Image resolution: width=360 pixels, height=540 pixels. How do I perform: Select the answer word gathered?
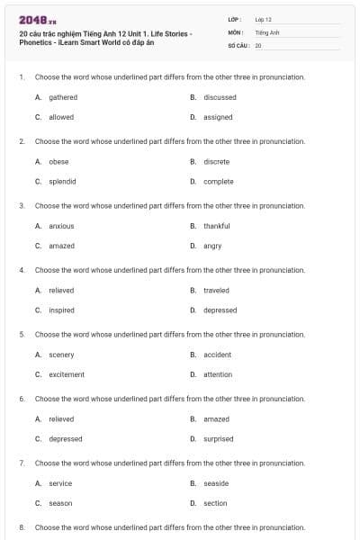tap(63, 97)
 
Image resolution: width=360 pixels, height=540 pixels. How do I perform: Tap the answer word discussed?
tap(220, 97)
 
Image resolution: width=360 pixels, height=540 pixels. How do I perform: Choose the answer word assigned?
tap(218, 117)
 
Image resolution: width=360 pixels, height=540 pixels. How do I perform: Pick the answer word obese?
tap(58, 162)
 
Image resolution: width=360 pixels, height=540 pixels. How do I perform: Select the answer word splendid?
tap(62, 182)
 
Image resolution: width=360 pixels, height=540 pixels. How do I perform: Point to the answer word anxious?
tap(61, 226)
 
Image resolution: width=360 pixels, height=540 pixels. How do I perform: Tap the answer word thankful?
tap(216, 226)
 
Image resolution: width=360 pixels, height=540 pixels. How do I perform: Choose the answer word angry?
tap(212, 246)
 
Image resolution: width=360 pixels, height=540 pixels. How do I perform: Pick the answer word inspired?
tap(61, 310)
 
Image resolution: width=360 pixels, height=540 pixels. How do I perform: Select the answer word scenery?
tap(61, 355)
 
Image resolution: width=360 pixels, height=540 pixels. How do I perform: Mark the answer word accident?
tap(217, 355)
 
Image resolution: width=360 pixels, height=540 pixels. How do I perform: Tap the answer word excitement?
tap(67, 374)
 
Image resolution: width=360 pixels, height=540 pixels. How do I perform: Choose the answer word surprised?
tap(218, 439)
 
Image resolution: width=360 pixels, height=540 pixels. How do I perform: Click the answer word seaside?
tap(216, 483)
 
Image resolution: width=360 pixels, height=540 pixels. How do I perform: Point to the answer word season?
tap(60, 503)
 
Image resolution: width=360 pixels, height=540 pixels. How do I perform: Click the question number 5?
tap(21, 334)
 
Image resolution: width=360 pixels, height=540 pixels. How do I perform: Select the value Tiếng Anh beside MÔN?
tap(263, 31)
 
